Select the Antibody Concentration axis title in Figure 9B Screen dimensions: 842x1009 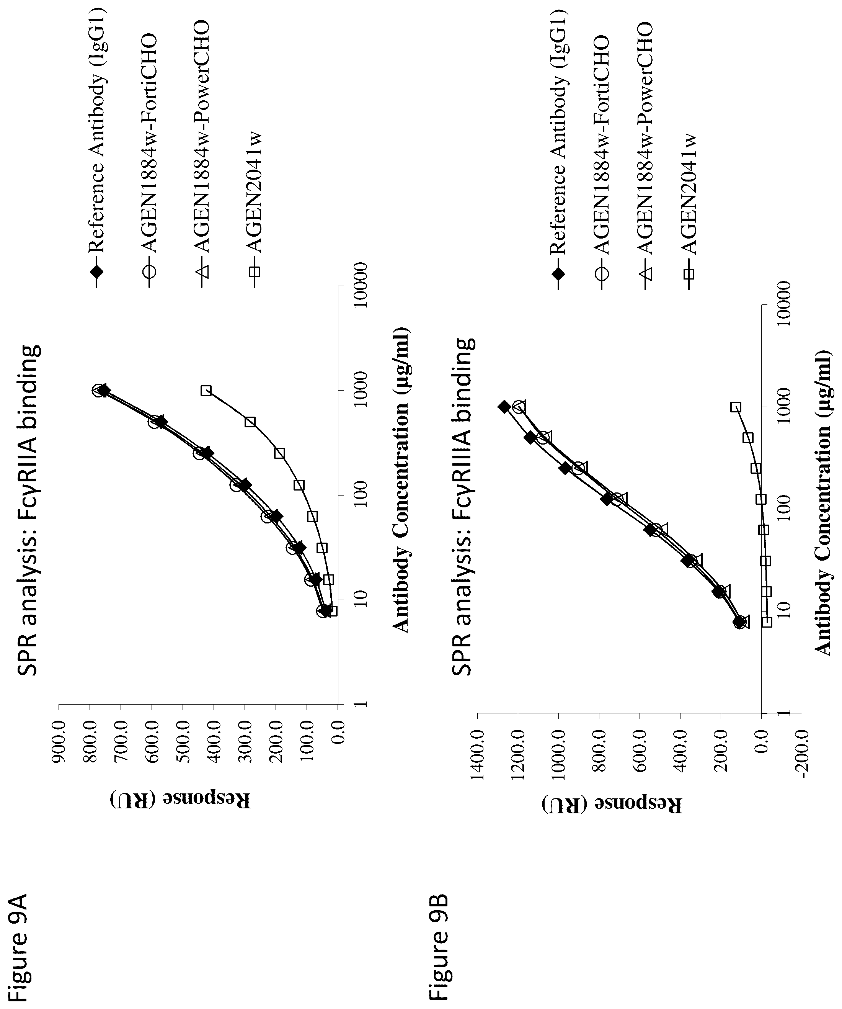(822, 502)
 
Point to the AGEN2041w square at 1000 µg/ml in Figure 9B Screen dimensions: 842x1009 (735, 407)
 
